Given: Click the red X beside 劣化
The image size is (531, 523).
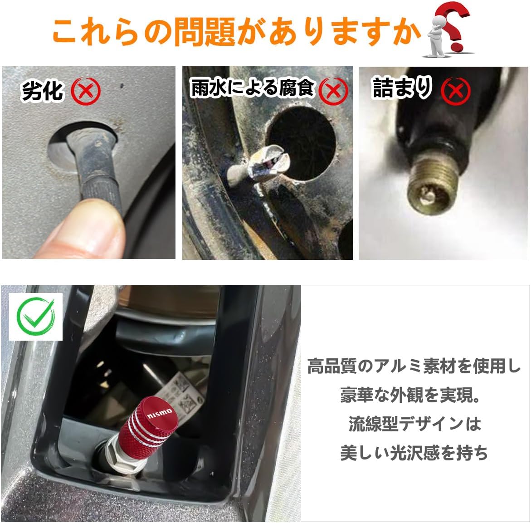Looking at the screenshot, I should click(85, 91).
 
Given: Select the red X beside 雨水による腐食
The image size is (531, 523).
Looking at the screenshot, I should click(333, 91).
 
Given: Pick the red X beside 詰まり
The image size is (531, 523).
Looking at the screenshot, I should click(456, 91).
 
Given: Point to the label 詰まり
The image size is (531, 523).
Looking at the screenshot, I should click(402, 88).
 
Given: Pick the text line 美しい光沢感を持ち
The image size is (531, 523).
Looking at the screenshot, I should click(414, 453).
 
